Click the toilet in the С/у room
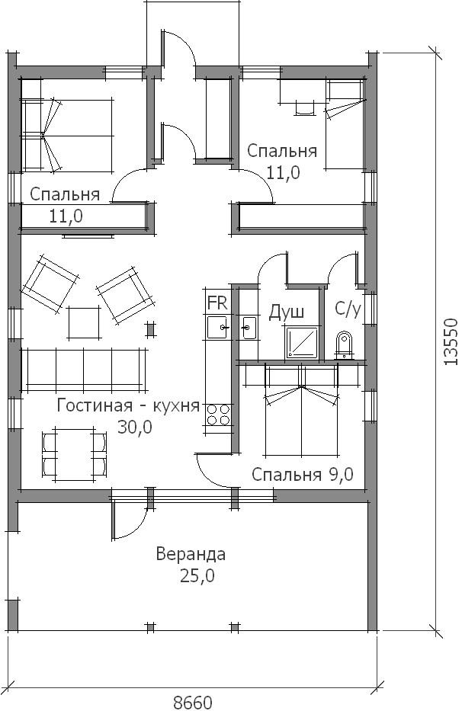[344, 345]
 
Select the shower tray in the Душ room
[302, 342]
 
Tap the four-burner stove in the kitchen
[218, 415]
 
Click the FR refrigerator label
[217, 303]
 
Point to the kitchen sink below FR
[218, 327]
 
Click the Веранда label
[191, 554]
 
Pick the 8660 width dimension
[193, 703]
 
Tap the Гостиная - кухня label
[128, 405]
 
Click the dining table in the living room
[75, 453]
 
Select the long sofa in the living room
[85, 369]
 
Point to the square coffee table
[84, 323]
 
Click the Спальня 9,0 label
[302, 474]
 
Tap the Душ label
[287, 312]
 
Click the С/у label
[348, 309]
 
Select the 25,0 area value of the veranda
[197, 576]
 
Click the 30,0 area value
[135, 427]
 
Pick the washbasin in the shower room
[249, 328]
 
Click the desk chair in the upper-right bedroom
[304, 107]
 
